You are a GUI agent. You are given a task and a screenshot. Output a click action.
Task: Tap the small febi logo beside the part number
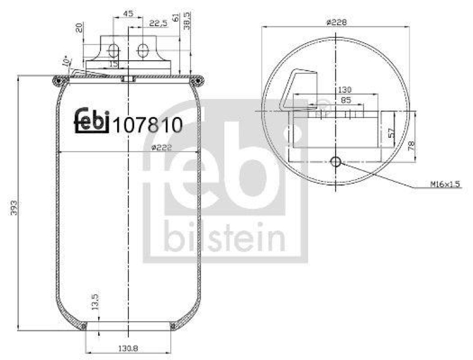tap(92, 120)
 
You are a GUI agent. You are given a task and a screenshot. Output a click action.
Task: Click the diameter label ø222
tap(161, 148)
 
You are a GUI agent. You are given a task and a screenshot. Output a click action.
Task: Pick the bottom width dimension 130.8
tap(128, 349)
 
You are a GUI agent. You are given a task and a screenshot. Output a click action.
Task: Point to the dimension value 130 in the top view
tap(345, 90)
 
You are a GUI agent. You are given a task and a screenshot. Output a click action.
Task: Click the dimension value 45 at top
tap(128, 13)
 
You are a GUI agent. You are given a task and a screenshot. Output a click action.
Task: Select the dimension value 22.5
tap(157, 22)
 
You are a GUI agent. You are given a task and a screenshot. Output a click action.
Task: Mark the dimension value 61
tap(176, 17)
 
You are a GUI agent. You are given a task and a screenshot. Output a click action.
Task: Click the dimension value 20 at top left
tap(79, 28)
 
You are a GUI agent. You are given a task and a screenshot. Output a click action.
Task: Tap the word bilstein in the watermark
tap(225, 238)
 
